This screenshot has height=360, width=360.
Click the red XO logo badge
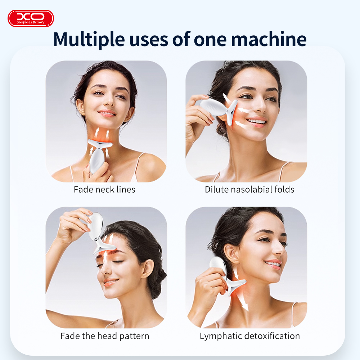click(x=31, y=18)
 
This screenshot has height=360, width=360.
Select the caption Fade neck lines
click(x=104, y=189)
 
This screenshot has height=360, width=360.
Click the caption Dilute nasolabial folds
click(x=249, y=189)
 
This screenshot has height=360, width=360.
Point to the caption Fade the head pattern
click(x=105, y=336)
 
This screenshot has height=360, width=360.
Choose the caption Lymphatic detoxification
click(x=249, y=336)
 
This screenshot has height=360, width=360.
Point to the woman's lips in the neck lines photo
click(x=107, y=113)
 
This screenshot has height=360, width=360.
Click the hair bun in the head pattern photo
click(x=157, y=284)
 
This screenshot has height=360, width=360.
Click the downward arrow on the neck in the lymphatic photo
click(x=245, y=304)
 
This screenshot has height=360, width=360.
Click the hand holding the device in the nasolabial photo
click(x=198, y=115)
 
